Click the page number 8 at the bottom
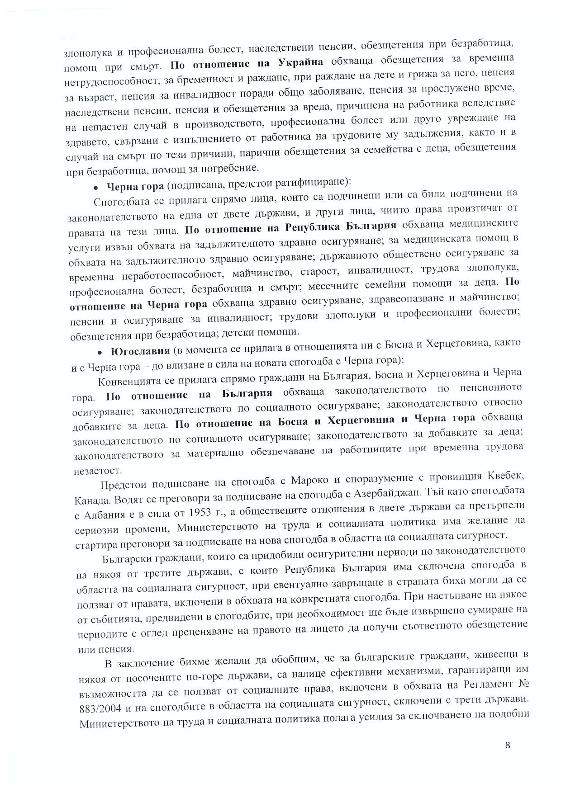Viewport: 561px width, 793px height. (x=508, y=746)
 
